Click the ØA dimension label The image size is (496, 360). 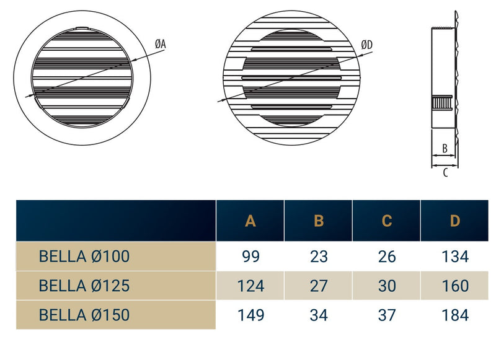(160, 43)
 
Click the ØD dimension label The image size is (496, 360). (367, 44)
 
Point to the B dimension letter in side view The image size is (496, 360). (445, 149)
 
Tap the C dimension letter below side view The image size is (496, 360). (445, 173)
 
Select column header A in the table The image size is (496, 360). (250, 221)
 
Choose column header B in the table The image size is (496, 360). (319, 221)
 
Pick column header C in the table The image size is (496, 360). (387, 221)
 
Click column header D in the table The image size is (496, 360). (455, 221)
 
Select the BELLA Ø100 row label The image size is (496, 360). (84, 256)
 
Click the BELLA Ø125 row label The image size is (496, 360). (84, 286)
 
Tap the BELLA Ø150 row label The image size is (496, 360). (84, 315)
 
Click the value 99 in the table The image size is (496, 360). (250, 256)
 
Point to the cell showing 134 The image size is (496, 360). (455, 256)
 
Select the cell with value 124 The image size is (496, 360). (250, 286)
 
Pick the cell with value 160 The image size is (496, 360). (455, 286)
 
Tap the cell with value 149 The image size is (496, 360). (250, 315)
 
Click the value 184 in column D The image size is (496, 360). (455, 315)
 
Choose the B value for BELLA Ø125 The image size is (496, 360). (319, 286)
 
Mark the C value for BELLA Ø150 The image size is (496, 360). (387, 315)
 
